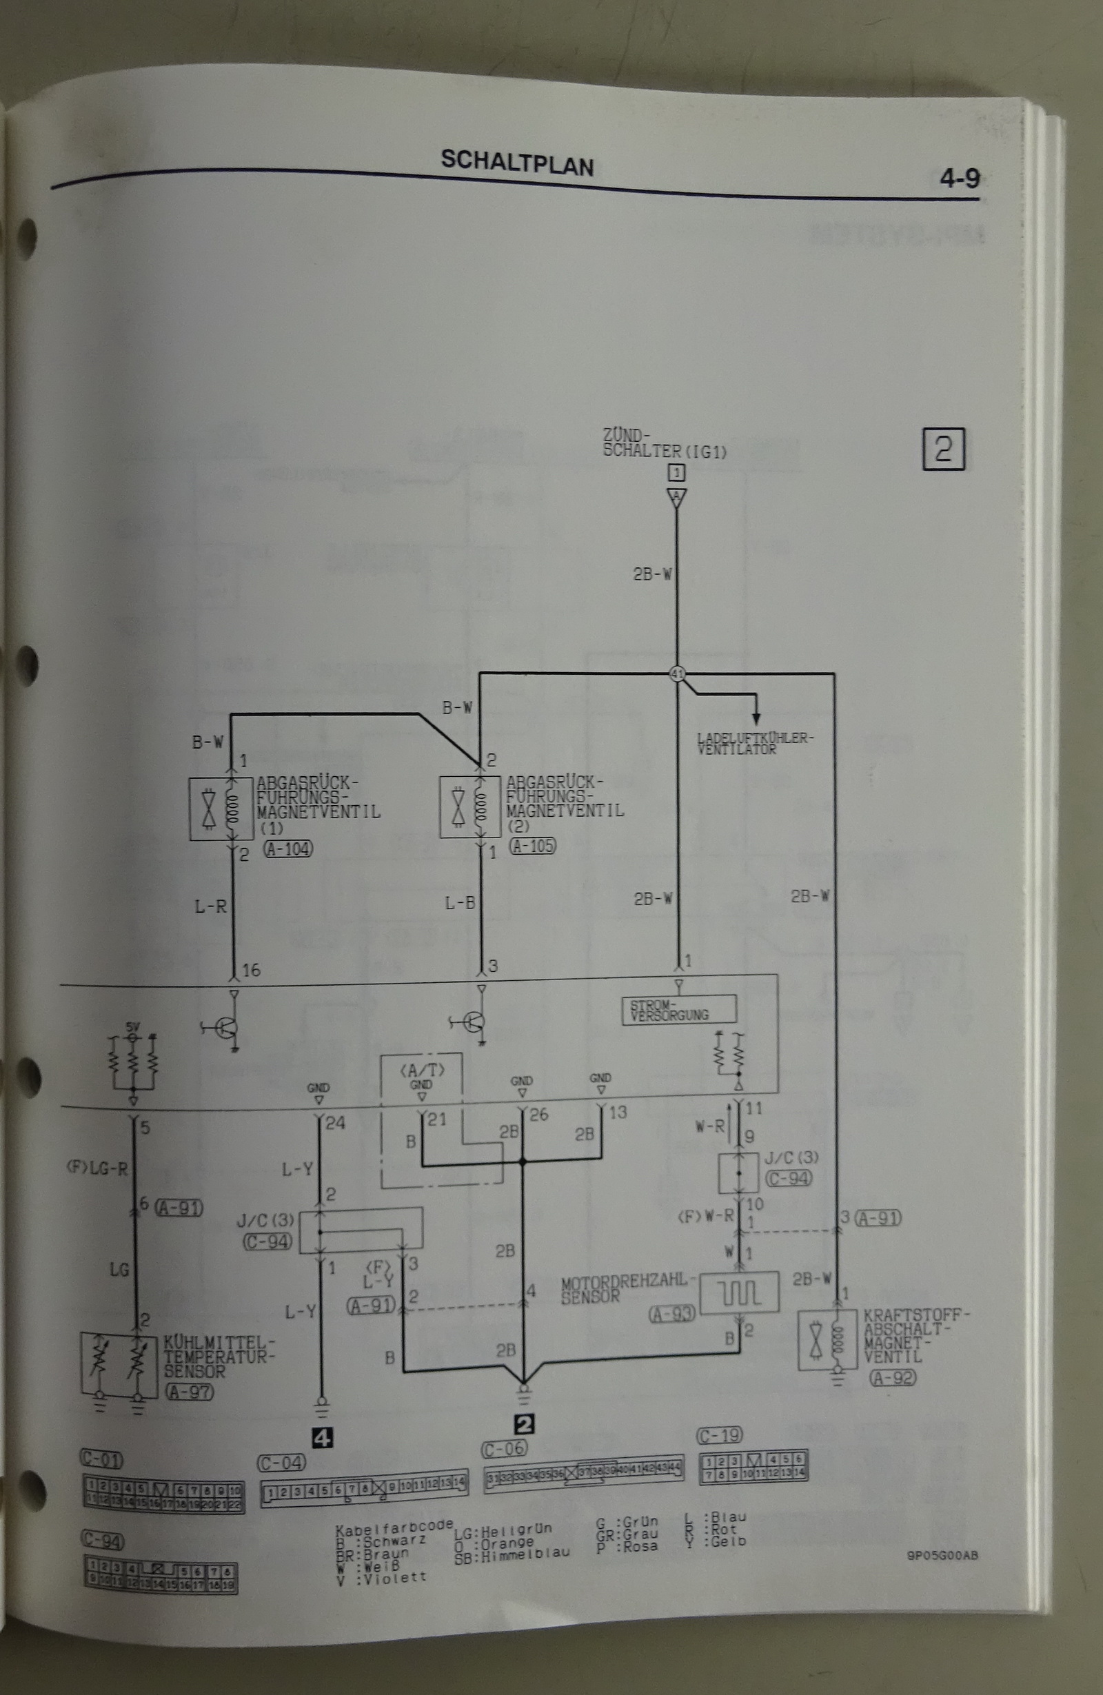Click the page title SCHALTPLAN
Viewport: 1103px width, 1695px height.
click(x=517, y=163)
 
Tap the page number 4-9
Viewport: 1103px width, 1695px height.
click(x=959, y=178)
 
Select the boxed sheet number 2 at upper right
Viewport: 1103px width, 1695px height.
click(x=943, y=449)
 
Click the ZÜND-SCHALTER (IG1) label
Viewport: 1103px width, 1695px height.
click(x=664, y=443)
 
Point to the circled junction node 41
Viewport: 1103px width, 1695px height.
click(x=677, y=673)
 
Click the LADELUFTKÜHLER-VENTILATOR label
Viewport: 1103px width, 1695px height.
click(x=754, y=743)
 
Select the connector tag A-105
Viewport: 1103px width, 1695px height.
click(x=533, y=845)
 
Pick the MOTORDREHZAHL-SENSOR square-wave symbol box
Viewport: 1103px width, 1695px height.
click(x=739, y=1292)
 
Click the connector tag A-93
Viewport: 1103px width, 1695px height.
click(x=671, y=1314)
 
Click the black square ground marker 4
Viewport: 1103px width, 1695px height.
click(x=322, y=1439)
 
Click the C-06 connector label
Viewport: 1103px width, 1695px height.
click(x=504, y=1449)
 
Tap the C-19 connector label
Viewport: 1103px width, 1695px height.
click(x=720, y=1435)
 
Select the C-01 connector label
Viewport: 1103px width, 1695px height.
click(x=101, y=1460)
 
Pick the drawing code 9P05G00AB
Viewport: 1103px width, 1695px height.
click(x=942, y=1554)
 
